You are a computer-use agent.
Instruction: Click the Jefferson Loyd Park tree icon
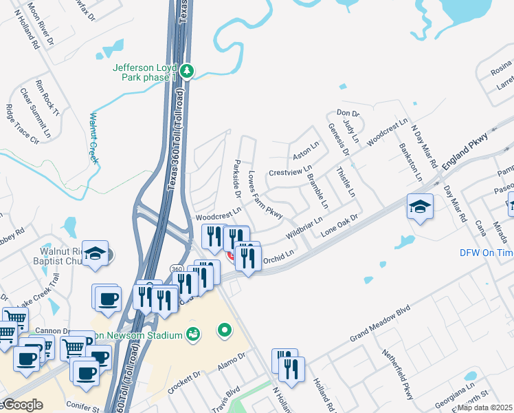tap(187, 70)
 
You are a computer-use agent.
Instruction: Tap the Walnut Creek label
tap(93, 138)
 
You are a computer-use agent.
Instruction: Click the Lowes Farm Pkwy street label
tap(265, 195)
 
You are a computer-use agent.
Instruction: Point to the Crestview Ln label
tap(290, 169)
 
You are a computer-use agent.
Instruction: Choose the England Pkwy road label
tap(469, 147)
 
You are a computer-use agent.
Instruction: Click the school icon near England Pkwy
tap(419, 206)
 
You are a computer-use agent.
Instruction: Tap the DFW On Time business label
tap(486, 253)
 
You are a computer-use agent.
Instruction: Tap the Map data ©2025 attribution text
tap(484, 407)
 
